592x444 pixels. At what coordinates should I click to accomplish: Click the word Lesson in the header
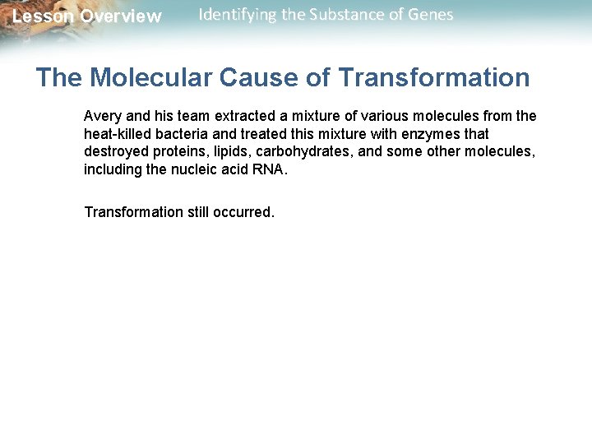tap(43, 16)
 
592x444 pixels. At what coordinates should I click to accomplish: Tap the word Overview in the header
tap(121, 16)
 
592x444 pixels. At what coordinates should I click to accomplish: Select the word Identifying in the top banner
tap(236, 15)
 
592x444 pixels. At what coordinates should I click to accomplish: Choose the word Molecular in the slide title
tap(153, 78)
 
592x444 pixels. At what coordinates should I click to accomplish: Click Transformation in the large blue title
tap(434, 78)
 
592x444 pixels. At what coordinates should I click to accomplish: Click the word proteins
tap(171, 151)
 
